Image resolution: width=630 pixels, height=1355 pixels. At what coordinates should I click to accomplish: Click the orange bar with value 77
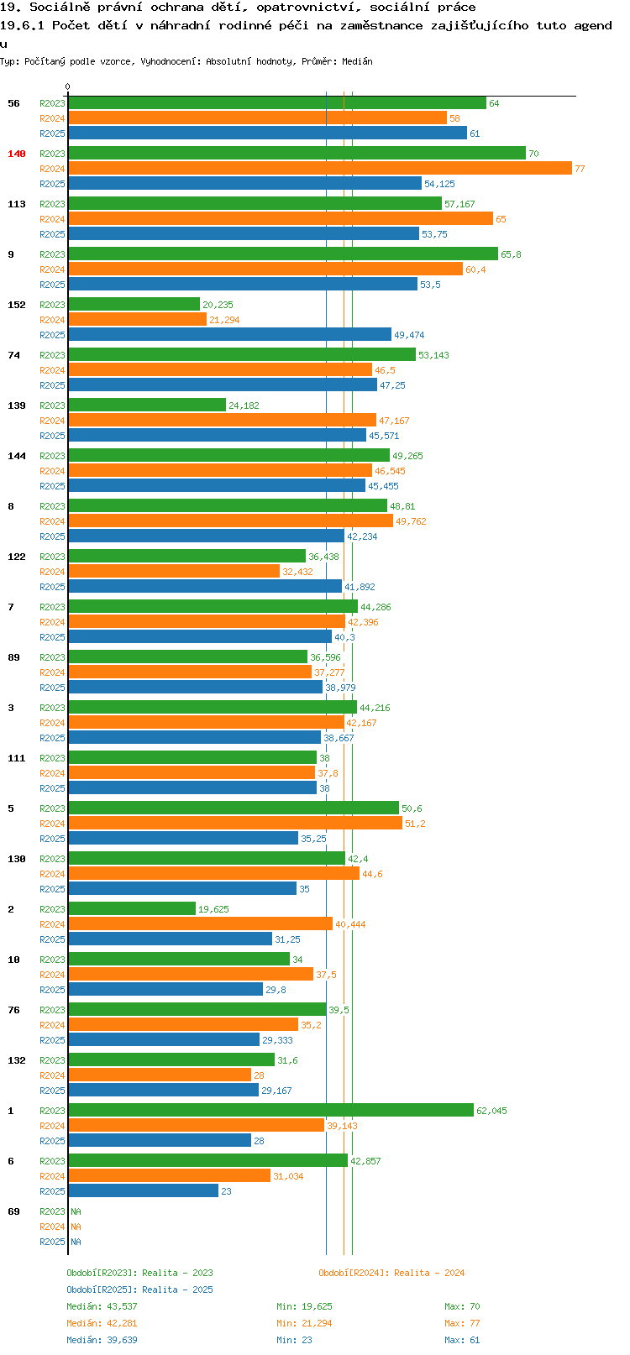320,168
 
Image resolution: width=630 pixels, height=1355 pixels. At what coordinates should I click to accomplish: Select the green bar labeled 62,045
271,1110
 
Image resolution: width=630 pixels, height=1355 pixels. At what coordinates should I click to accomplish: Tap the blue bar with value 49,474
230,334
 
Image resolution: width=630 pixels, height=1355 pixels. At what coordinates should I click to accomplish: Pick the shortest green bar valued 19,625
132,908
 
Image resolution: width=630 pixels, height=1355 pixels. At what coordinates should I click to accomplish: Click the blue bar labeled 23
144,1190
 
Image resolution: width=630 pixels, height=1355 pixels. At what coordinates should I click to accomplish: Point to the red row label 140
16,154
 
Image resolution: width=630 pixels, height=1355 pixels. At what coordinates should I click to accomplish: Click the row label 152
16,305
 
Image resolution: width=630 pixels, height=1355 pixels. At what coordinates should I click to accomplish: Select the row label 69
13,1211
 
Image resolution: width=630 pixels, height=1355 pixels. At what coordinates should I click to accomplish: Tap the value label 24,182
244,405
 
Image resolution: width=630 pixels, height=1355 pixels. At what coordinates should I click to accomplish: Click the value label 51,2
415,824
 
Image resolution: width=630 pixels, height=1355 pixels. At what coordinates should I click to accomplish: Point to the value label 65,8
511,254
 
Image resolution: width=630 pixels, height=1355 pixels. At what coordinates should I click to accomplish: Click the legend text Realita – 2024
429,1273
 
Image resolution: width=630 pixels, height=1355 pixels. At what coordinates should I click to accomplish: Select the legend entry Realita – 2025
177,1290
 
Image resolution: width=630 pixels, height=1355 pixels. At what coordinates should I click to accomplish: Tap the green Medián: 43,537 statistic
102,1306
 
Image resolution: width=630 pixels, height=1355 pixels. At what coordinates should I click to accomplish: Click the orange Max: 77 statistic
462,1324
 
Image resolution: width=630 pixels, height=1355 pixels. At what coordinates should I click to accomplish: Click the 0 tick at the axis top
67,86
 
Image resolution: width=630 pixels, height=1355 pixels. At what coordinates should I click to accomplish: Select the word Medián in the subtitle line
357,61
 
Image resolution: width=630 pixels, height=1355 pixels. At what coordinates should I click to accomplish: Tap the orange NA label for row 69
76,1227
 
